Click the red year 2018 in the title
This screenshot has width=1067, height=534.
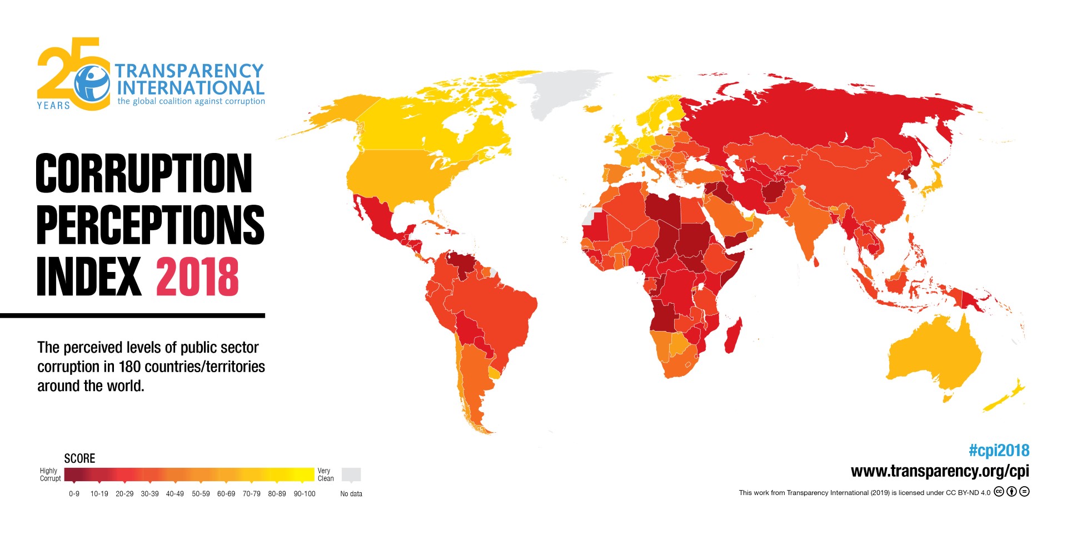(197, 276)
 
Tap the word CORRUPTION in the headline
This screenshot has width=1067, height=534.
(143, 174)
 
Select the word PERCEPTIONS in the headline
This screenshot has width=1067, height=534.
(150, 225)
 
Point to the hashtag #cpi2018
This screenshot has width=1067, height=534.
(999, 451)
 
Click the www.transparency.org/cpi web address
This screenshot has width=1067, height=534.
(940, 471)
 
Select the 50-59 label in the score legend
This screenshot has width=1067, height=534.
(201, 494)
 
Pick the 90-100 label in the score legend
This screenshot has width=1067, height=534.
(304, 494)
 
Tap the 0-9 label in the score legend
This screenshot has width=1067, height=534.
(74, 494)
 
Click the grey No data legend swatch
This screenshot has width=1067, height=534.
(351, 474)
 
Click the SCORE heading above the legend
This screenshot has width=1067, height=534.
(79, 458)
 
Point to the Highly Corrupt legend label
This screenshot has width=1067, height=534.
(49, 474)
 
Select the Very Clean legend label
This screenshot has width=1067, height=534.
(325, 474)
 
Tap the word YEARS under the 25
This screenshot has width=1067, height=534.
(53, 105)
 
